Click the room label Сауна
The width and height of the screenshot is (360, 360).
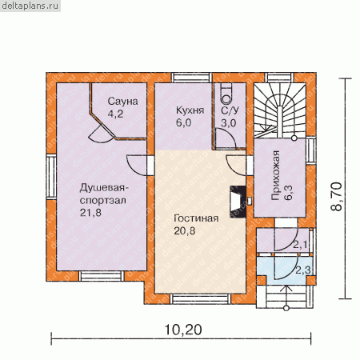click(122, 102)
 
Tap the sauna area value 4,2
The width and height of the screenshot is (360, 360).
click(115, 114)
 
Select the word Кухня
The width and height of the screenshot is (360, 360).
click(190, 110)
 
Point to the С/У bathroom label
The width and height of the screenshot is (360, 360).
click(230, 110)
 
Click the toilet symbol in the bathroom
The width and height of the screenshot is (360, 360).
click(227, 95)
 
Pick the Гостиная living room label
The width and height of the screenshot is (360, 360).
click(196, 218)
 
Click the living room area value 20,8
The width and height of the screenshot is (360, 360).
click(185, 231)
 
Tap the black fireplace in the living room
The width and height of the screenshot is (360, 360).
click(238, 202)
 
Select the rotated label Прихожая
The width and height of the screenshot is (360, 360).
click(276, 175)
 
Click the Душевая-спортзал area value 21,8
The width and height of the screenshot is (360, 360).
click(90, 213)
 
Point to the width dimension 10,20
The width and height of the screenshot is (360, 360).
click(183, 330)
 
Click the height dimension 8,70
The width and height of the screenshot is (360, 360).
click(337, 197)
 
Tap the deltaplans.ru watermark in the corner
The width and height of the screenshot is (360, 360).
click(30, 6)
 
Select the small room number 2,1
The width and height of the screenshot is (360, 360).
click(300, 245)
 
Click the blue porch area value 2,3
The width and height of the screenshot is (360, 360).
click(303, 270)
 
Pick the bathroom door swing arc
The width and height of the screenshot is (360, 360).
click(226, 138)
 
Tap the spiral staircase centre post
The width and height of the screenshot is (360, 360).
click(279, 122)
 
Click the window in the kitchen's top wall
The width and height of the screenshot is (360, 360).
click(191, 78)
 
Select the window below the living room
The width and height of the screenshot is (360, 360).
click(201, 299)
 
